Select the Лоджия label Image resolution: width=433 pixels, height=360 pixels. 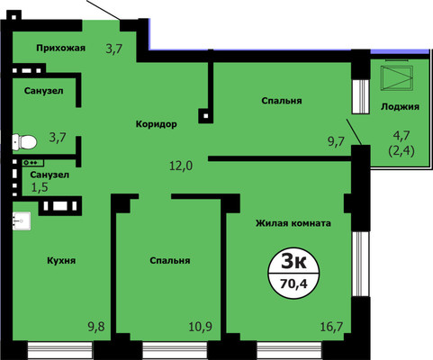point(400,105)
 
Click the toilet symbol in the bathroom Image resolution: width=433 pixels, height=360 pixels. point(24,140)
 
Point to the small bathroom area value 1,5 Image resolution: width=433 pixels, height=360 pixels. point(41,188)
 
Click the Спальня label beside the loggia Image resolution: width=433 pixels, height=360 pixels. point(282,101)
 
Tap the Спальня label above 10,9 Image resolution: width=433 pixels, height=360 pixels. point(170,261)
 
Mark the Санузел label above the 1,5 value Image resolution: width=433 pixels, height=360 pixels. point(50,174)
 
